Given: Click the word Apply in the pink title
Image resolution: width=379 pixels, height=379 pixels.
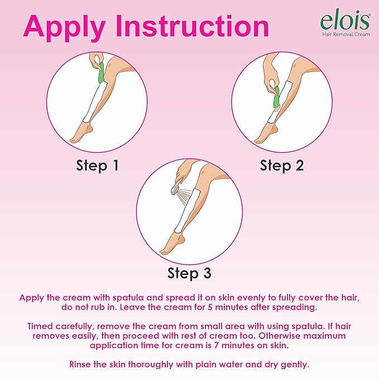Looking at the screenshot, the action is (x=65, y=27).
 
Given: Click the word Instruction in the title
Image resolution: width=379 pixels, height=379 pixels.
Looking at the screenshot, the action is (x=193, y=26).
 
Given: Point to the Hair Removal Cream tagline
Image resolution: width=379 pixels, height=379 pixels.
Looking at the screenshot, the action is (x=346, y=34).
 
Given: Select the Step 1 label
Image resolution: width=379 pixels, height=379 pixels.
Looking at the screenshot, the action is (x=98, y=166).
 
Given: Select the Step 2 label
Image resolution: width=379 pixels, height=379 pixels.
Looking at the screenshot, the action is (x=281, y=166).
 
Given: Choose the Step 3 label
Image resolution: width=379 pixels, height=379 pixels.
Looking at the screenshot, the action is (x=189, y=274).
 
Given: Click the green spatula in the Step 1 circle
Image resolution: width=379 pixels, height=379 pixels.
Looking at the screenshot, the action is (x=100, y=73).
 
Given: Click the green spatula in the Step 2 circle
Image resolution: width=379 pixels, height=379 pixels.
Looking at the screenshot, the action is (x=276, y=97).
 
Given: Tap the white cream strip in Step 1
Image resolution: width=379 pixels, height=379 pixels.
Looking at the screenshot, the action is (x=95, y=102).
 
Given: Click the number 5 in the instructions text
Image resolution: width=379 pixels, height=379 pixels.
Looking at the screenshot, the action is (x=210, y=308).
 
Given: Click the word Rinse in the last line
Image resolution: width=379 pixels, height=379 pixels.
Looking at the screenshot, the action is (x=80, y=364).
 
